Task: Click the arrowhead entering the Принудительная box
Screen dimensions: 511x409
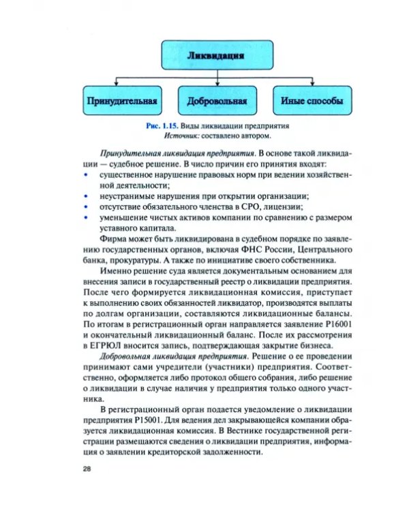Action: point(122,86)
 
